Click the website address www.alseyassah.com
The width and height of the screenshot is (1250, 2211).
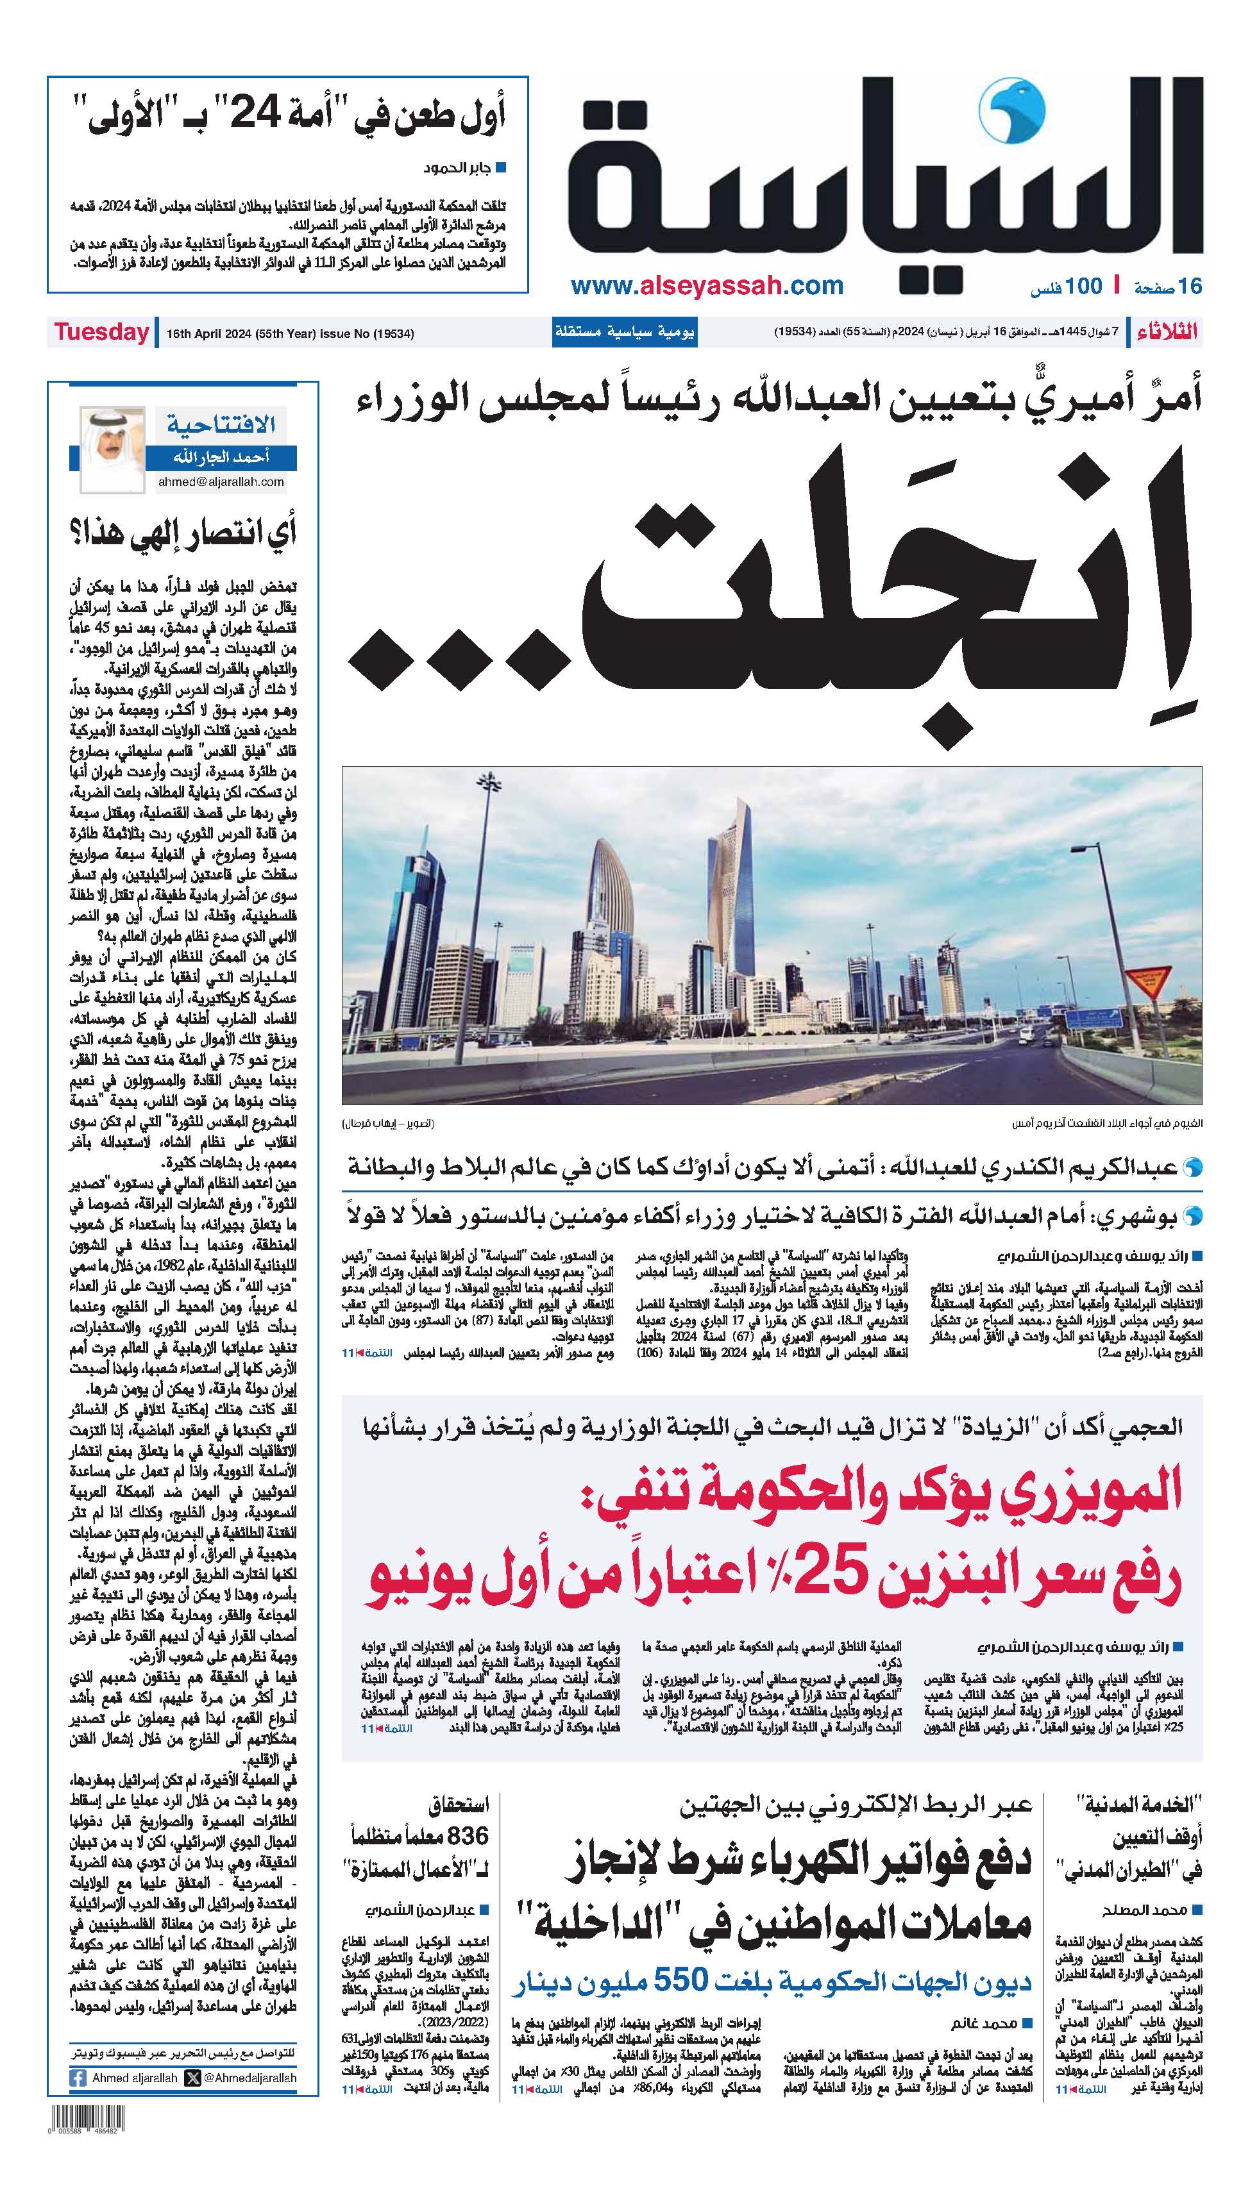(x=707, y=286)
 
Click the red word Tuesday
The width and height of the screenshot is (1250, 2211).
(x=101, y=332)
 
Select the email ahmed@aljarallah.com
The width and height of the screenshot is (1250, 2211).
(x=221, y=481)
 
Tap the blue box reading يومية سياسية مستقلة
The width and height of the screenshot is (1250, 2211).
(x=624, y=332)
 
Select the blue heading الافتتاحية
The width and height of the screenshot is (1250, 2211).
(x=221, y=423)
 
